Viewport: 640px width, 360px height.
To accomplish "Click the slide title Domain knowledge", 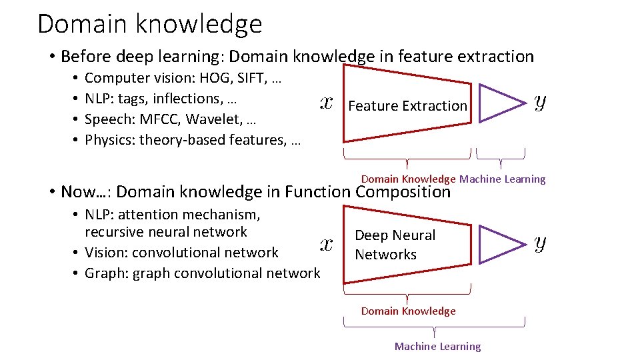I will click(150, 24).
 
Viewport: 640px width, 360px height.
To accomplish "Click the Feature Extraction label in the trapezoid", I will click(407, 106).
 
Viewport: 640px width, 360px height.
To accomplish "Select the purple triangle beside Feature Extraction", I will click(501, 103).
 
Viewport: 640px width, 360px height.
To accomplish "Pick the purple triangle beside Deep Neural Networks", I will click(501, 245).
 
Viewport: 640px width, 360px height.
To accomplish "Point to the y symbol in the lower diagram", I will click(541, 243).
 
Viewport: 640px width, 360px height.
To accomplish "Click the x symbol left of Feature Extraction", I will click(327, 103).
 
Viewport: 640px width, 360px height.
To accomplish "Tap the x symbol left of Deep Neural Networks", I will click(327, 244).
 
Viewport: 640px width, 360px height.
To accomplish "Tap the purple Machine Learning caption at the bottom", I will click(437, 347).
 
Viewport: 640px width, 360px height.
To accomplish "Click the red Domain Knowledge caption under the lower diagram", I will click(408, 311).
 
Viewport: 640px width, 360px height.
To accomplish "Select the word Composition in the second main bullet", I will click(403, 192).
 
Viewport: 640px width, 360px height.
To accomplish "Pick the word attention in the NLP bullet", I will click(145, 215).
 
